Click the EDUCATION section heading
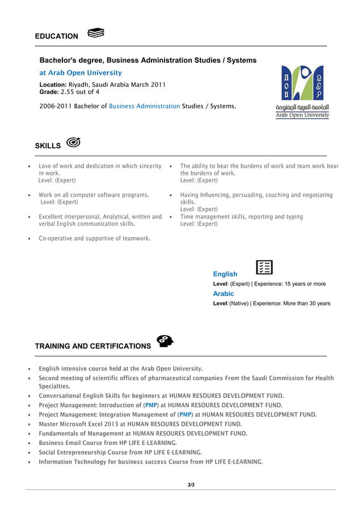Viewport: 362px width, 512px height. (57, 36)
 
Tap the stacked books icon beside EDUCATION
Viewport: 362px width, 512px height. (96, 33)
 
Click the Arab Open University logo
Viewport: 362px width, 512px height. (302, 91)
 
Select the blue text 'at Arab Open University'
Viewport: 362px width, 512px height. (81, 73)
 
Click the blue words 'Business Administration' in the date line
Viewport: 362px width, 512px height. (144, 106)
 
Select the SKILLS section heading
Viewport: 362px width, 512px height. (48, 146)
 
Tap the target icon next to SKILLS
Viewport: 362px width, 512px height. (73, 142)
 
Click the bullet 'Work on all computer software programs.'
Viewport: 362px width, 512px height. (94, 195)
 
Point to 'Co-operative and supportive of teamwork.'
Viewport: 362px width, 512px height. (94, 238)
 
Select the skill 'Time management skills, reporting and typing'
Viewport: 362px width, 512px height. (241, 217)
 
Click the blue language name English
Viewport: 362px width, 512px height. (225, 274)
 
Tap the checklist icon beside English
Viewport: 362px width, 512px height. (264, 267)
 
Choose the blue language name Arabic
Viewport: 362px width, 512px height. (223, 293)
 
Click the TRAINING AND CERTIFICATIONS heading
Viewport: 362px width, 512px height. (93, 346)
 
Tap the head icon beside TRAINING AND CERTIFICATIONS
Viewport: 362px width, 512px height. (165, 341)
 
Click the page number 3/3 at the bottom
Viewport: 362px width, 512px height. (191, 484)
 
